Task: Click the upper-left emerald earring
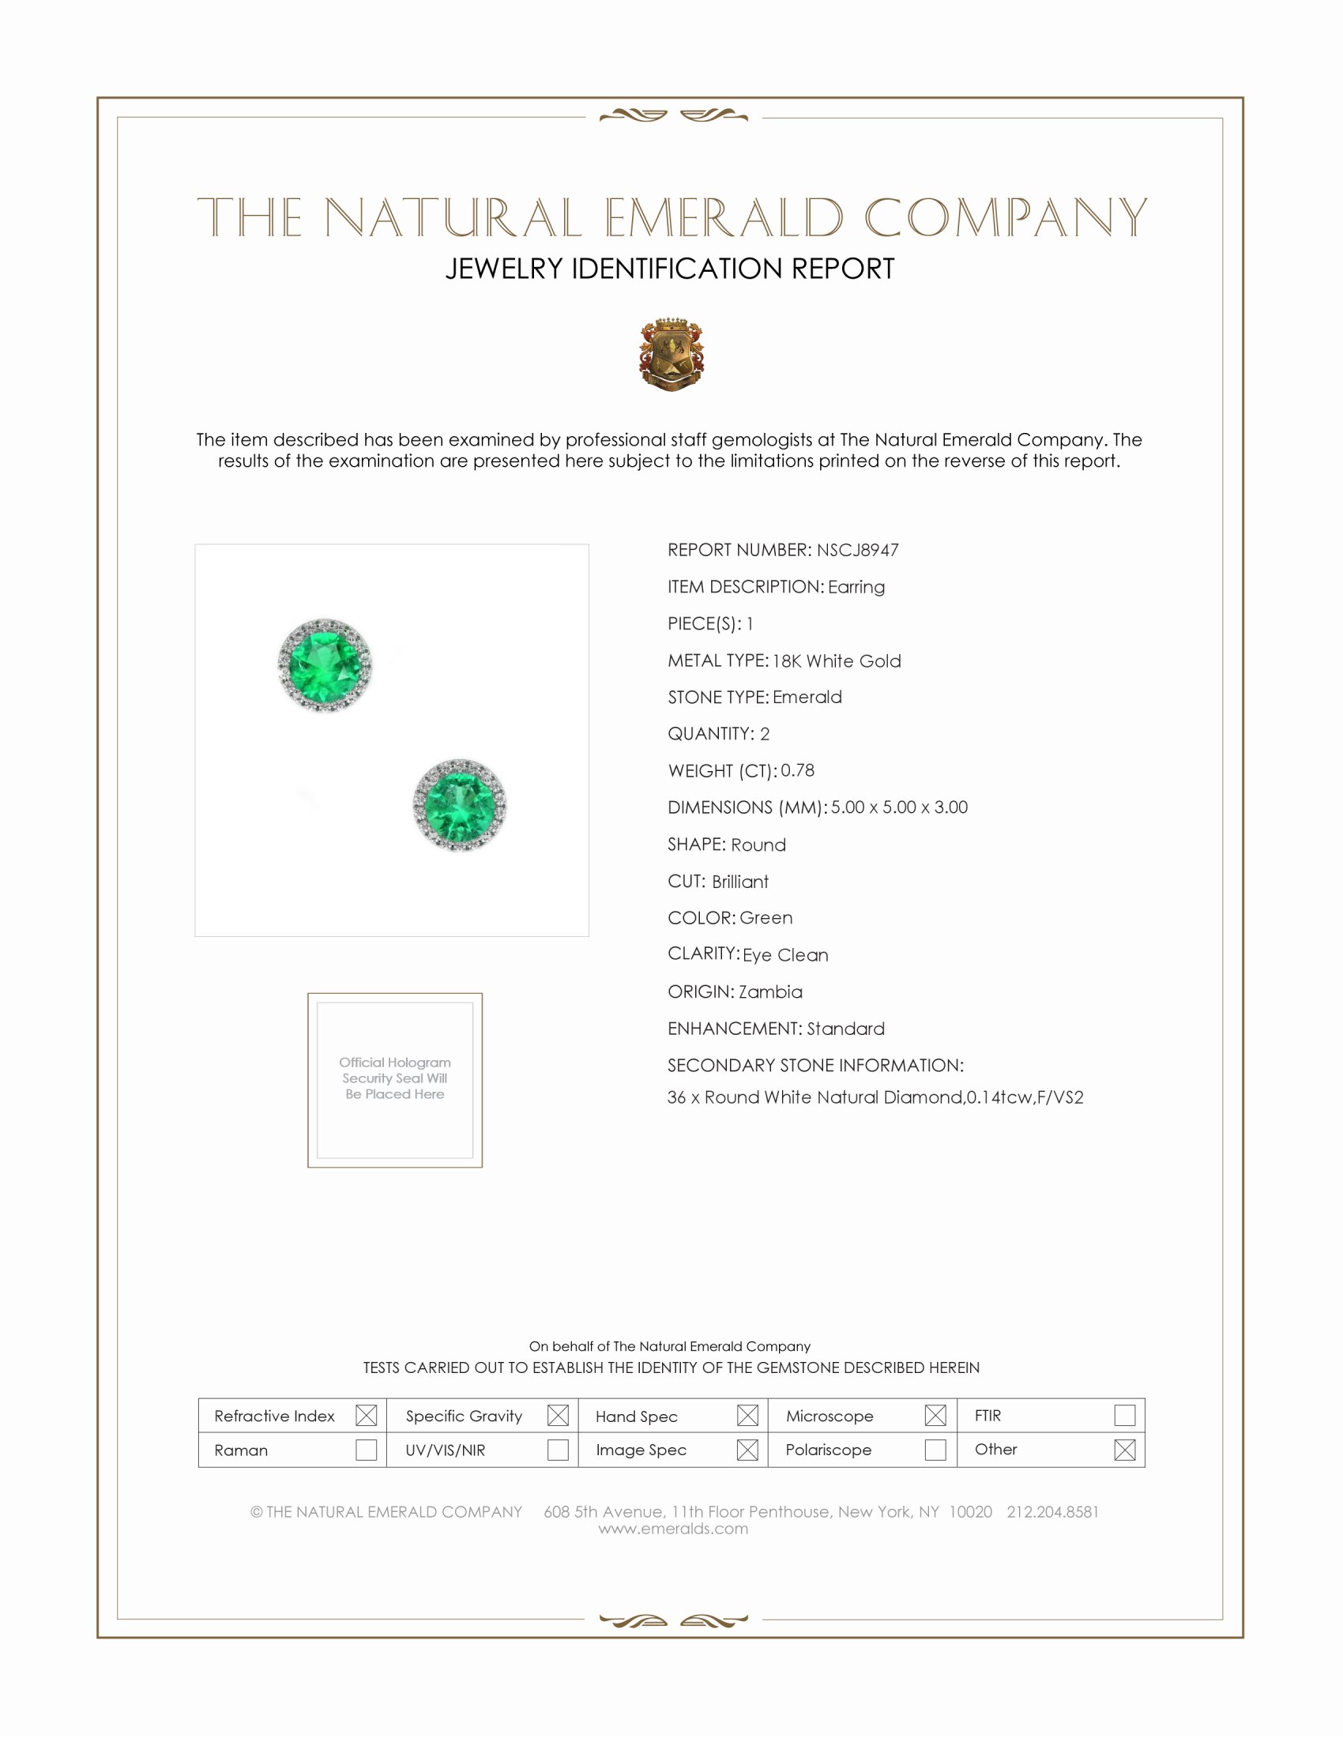pos(325,664)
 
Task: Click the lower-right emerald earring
pos(459,804)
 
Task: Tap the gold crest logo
pos(671,354)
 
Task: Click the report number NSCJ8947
pos(858,550)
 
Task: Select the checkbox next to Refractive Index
pos(366,1416)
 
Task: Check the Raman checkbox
pos(366,1450)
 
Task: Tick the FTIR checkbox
pos(1124,1416)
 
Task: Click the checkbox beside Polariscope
pos(935,1450)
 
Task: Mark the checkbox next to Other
pos(1124,1450)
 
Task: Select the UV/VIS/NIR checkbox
pos(558,1450)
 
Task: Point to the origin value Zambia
pos(770,991)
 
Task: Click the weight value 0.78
pos(797,770)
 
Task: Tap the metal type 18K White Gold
pos(837,660)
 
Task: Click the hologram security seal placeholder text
pos(395,1078)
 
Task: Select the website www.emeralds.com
pos(673,1529)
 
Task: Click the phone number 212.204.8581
pos(1052,1512)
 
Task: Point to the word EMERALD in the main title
pos(724,217)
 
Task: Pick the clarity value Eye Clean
pos(785,955)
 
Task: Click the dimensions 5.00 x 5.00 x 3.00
pos(899,807)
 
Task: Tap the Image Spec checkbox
pos(747,1450)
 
